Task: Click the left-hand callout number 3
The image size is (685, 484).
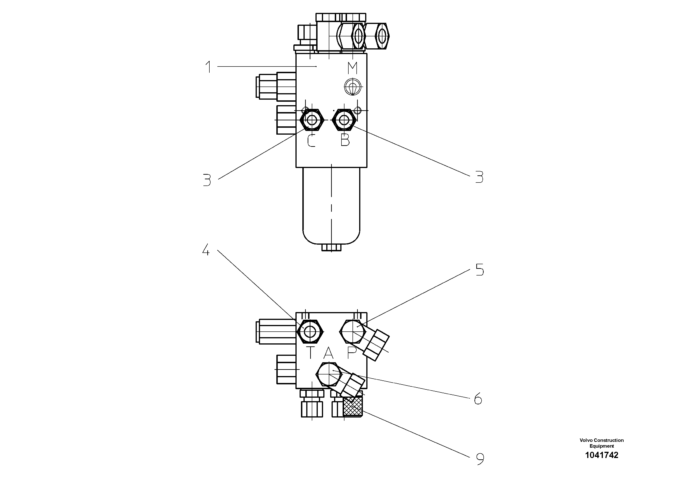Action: pyautogui.click(x=207, y=180)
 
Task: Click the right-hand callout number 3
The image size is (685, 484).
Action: pyautogui.click(x=479, y=177)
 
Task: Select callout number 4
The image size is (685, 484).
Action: pyautogui.click(x=206, y=250)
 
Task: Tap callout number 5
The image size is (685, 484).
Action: pyautogui.click(x=480, y=270)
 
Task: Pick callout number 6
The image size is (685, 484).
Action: pyautogui.click(x=478, y=399)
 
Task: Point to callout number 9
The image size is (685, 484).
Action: pyautogui.click(x=480, y=459)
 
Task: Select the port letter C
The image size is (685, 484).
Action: pyautogui.click(x=311, y=141)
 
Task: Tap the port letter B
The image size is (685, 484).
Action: pyautogui.click(x=345, y=140)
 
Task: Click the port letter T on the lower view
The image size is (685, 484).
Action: pyautogui.click(x=310, y=353)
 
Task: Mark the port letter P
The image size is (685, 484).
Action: pyautogui.click(x=352, y=353)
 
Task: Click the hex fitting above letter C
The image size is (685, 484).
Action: pyautogui.click(x=312, y=120)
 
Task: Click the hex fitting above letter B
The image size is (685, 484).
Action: pyautogui.click(x=344, y=120)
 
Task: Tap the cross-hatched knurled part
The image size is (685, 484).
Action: pyautogui.click(x=353, y=406)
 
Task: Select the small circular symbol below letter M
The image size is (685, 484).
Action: pyautogui.click(x=353, y=87)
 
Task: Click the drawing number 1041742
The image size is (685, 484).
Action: pyautogui.click(x=601, y=455)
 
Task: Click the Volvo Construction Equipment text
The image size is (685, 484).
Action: pyautogui.click(x=601, y=443)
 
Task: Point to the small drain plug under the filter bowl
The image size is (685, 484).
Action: pyautogui.click(x=331, y=248)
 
